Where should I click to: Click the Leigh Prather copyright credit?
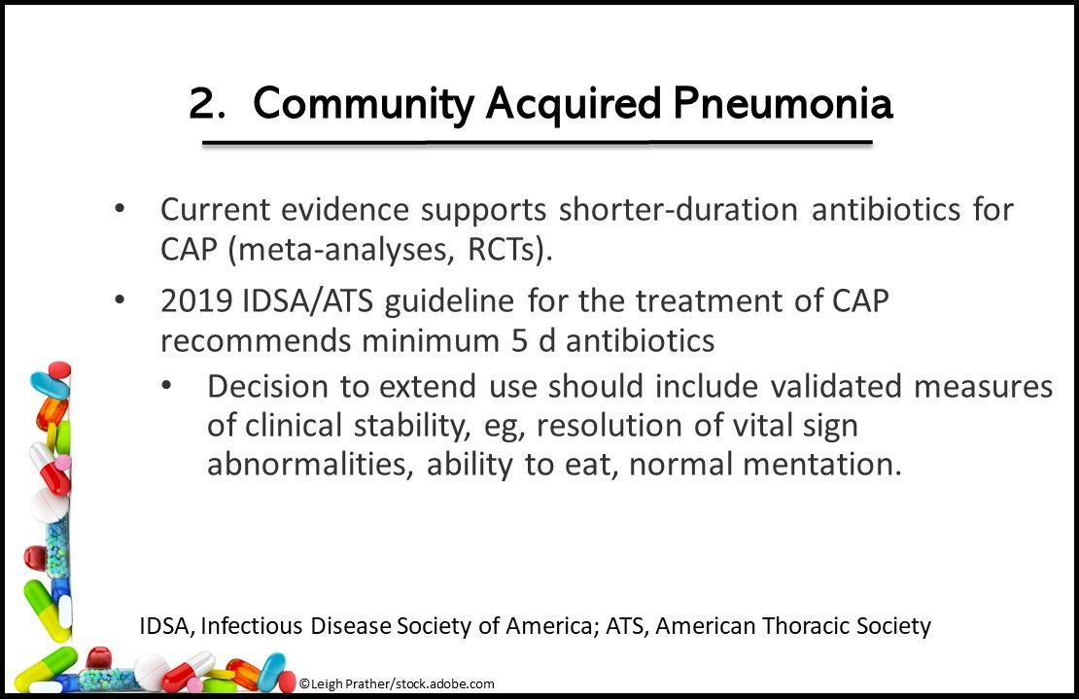pyautogui.click(x=397, y=684)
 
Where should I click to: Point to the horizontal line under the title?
pyautogui.click(x=537, y=142)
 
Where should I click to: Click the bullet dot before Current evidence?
pyautogui.click(x=120, y=209)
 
